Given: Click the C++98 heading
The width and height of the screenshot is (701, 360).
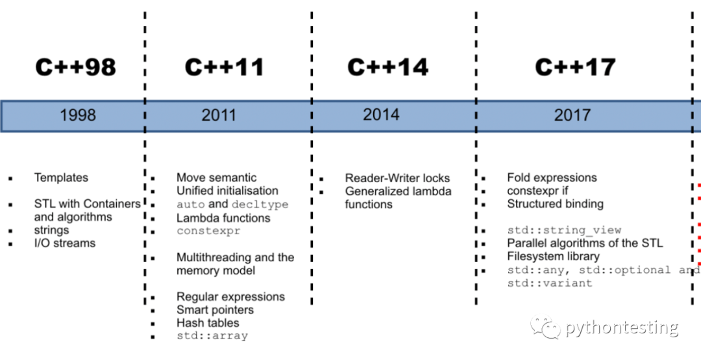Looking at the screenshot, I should coord(75,66).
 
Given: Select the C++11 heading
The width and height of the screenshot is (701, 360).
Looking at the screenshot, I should coord(225,66).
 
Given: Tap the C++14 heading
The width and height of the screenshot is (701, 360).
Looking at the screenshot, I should coord(388,66).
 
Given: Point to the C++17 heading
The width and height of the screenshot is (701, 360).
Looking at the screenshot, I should coord(575,66).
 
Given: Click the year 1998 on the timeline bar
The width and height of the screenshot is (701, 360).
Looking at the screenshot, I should coord(78,115).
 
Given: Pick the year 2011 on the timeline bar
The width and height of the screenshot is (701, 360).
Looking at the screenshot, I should coord(219,115).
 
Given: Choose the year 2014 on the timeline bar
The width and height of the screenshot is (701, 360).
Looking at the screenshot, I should coord(381,115).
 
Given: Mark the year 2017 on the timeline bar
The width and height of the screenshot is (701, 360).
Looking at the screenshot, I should coord(572,115).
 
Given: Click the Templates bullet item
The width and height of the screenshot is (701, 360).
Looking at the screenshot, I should coord(61,178).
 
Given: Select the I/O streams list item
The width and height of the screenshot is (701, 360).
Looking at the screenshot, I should coord(65,243).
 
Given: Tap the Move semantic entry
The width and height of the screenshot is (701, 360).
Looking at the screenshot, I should coord(216,178).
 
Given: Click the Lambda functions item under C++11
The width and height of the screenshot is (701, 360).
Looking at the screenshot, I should coord(223,218).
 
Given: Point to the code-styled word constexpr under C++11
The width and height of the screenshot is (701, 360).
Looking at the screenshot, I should coord(208,231).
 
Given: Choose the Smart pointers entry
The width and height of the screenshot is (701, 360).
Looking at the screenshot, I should coord(215,310).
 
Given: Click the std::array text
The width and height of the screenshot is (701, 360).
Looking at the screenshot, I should coord(212,336).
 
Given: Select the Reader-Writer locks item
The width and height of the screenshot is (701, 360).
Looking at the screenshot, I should coord(397,178).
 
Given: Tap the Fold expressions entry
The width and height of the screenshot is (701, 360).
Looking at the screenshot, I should coord(552,178).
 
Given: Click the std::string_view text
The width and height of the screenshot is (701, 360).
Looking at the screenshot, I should coord(564,230).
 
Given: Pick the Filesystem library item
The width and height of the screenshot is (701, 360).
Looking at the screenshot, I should coord(554,257).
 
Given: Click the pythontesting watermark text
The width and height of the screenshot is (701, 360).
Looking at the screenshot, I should coord(622,328).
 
